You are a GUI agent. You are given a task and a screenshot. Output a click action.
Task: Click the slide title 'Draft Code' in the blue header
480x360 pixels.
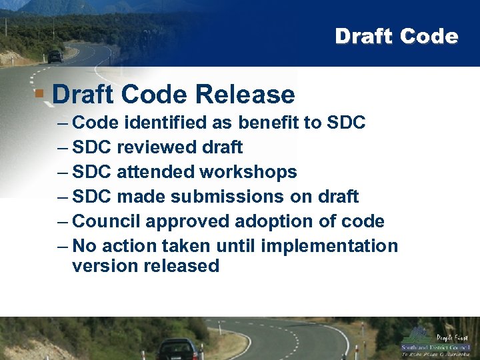tap(396, 36)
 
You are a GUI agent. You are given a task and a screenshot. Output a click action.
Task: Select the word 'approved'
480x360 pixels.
tap(187, 221)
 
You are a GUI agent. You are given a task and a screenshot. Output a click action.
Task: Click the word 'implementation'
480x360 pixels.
tap(329, 245)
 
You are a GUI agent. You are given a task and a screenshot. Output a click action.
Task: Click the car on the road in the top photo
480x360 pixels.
tap(55, 57)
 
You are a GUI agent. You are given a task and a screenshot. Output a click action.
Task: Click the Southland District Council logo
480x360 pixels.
tap(435, 341)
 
